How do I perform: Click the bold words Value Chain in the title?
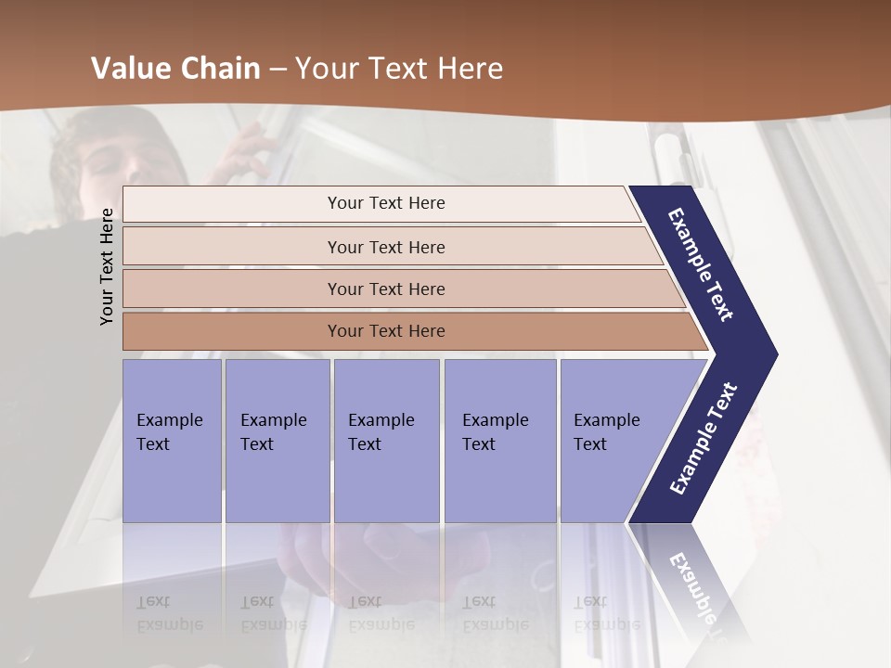tap(175, 69)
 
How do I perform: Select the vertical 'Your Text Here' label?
tap(107, 266)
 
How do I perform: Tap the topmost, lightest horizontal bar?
tap(385, 203)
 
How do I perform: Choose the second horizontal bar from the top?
tap(385, 247)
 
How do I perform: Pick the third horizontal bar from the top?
tap(385, 289)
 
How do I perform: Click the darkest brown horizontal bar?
tap(385, 331)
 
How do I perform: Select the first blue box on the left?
tap(172, 441)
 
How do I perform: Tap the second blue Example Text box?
tap(277, 441)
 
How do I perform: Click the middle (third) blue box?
tap(386, 441)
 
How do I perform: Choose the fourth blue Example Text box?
tap(499, 441)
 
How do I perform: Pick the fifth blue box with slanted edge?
tap(613, 441)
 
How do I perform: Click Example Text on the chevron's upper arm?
tap(701, 264)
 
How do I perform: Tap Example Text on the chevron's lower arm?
tap(703, 439)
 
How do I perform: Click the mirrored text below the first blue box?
tap(169, 613)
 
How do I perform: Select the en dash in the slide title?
tap(278, 70)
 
